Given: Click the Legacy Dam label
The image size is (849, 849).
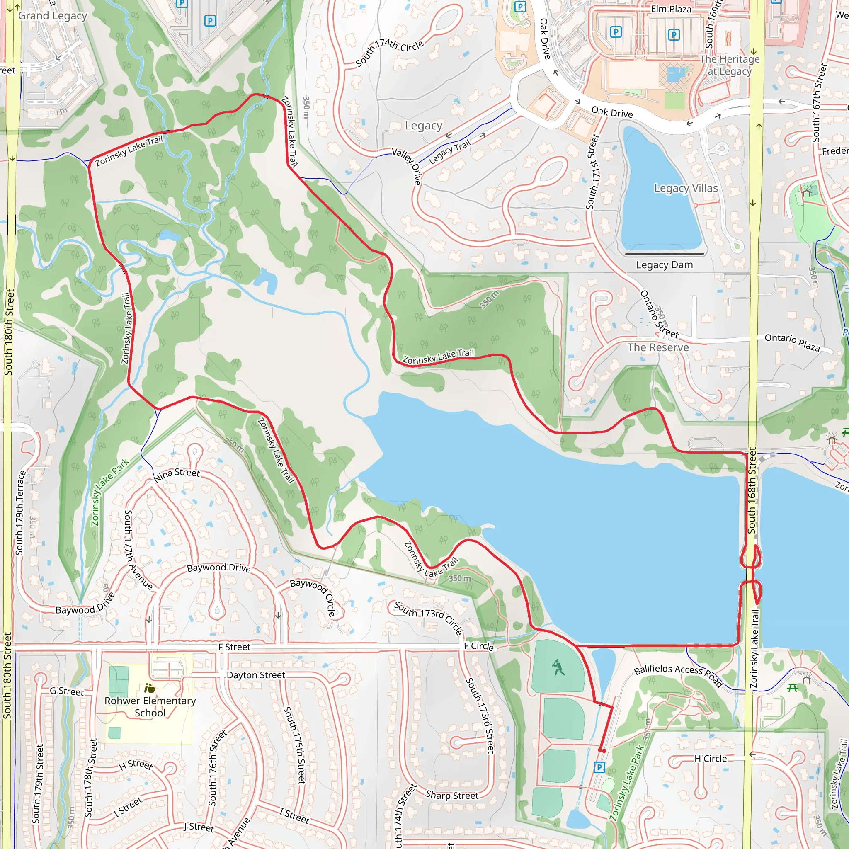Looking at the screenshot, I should point(664,264).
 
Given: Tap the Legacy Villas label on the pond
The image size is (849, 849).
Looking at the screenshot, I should point(686,188).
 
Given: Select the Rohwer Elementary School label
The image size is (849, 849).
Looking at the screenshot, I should point(150,707).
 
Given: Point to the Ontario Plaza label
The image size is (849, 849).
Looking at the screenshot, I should point(792,342).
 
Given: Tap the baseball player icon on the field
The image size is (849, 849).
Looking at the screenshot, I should point(558,667).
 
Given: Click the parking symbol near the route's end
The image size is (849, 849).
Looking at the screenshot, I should point(599,767).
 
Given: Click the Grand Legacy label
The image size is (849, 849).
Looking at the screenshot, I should point(52,16).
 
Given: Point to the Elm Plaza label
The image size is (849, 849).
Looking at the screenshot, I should point(671,9).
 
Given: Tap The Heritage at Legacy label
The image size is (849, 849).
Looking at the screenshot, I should point(730,65).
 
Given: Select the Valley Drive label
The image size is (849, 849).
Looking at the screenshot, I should point(407,166).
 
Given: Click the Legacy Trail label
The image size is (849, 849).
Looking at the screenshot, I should point(449,152).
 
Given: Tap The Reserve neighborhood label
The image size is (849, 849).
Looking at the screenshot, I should point(658,347).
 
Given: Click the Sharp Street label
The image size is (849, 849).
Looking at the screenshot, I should point(452,795).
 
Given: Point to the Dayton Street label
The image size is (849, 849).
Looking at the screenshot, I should point(256,675).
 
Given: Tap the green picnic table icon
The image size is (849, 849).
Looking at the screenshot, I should point(792,688).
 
